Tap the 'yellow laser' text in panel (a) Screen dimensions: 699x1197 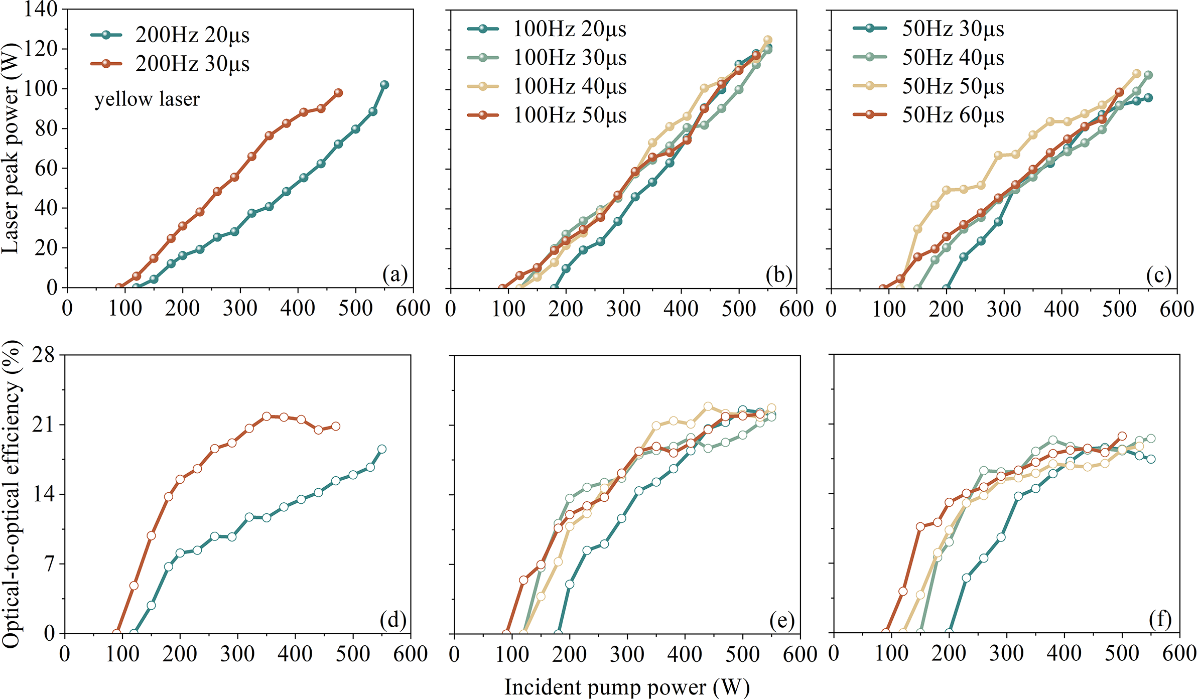coord(147,99)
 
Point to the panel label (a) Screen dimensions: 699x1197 coord(394,275)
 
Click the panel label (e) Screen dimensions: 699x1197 coord(781,621)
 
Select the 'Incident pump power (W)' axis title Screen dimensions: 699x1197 coord(627,687)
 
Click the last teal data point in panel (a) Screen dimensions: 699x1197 coord(384,85)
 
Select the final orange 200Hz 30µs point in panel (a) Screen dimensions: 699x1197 coord(338,93)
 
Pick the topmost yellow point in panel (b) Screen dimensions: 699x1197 coord(767,40)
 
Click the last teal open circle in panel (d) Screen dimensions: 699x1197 coord(382,449)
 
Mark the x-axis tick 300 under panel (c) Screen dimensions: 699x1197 coord(1004,309)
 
